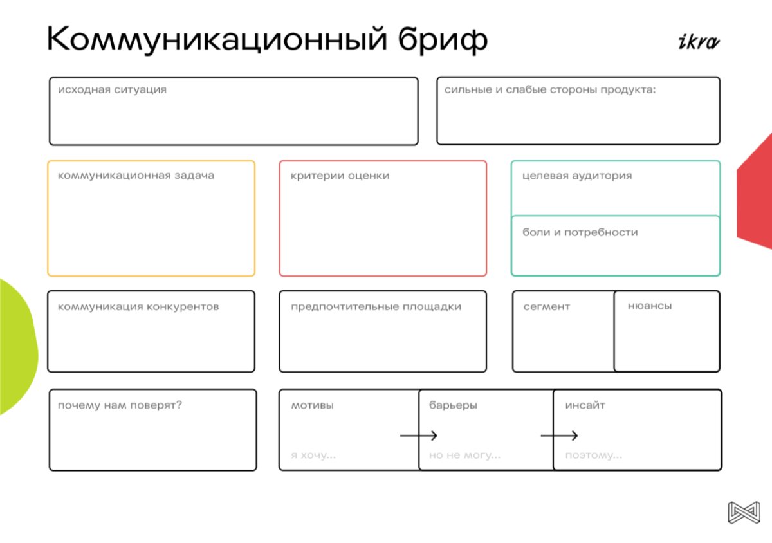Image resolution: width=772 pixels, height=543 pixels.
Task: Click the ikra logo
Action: click(x=699, y=42)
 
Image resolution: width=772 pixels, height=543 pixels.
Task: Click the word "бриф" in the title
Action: click(x=443, y=41)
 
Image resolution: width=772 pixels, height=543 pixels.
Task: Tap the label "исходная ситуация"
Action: click(x=112, y=90)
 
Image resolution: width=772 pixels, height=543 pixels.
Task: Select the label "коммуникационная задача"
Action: click(x=136, y=176)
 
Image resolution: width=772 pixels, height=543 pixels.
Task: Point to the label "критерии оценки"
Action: click(x=340, y=176)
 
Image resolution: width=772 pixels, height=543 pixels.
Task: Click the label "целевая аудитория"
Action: click(x=577, y=176)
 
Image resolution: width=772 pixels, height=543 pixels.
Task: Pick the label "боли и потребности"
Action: click(x=580, y=232)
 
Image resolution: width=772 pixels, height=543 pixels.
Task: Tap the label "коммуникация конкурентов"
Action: click(x=138, y=306)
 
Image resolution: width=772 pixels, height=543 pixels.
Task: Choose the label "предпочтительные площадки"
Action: click(x=376, y=307)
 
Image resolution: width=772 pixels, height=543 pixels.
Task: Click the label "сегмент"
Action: click(x=547, y=306)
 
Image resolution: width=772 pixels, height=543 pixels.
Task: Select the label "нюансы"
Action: click(x=650, y=306)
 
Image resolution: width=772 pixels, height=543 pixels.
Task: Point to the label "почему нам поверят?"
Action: click(x=120, y=405)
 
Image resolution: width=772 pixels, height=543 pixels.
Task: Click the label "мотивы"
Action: click(x=312, y=405)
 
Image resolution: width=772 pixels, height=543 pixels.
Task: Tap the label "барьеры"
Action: click(x=453, y=405)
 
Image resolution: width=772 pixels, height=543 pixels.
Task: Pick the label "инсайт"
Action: click(x=585, y=405)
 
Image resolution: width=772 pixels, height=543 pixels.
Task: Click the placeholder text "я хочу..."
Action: click(x=313, y=456)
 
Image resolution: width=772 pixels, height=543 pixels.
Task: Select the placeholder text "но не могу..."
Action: click(x=464, y=455)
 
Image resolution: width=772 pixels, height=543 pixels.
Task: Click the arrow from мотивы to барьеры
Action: click(x=418, y=436)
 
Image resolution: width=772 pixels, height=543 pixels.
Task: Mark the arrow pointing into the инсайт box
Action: click(x=559, y=436)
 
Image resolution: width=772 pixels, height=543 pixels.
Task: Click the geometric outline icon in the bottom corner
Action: click(x=744, y=513)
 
